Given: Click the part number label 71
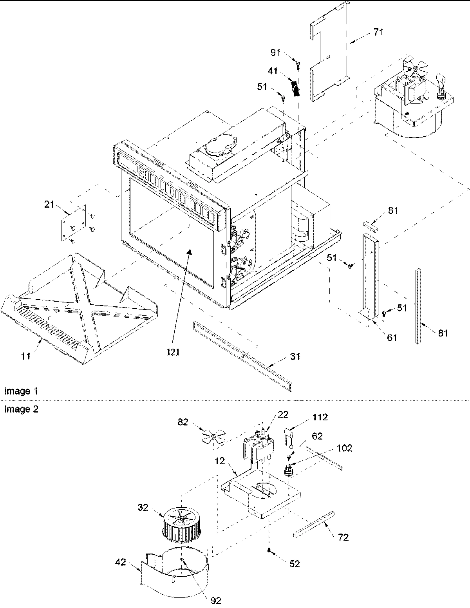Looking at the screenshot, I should point(378,32).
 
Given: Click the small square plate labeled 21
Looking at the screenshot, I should point(73,222).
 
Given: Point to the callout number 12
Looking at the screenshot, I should point(220,461).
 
